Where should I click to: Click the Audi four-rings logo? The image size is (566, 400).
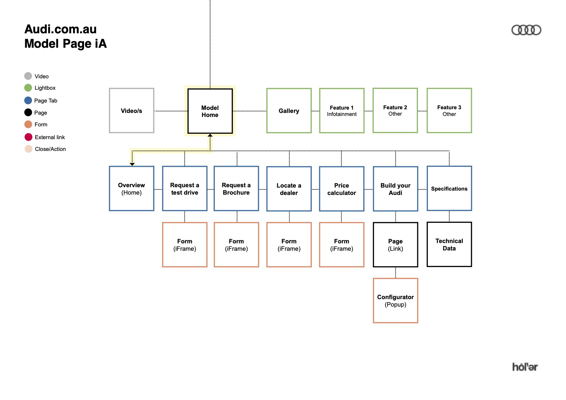526,30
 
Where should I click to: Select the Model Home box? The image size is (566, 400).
210,111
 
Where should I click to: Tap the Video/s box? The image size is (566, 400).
131,111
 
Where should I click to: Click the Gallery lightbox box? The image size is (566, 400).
289,111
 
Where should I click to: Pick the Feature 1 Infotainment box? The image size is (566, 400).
342,111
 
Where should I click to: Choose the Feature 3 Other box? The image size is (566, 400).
449,111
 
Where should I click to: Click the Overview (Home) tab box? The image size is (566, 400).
131,189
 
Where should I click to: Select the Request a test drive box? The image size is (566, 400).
185,189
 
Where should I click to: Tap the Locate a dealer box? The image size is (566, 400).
289,189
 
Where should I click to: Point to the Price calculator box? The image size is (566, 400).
342,189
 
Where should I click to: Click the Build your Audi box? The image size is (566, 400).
395,189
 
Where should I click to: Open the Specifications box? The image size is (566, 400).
449,189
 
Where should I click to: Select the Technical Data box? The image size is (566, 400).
449,244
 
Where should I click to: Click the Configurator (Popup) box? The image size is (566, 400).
395,301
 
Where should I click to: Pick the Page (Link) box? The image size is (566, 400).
395,245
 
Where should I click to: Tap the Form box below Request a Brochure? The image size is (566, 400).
236,245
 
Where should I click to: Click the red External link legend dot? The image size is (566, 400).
29,137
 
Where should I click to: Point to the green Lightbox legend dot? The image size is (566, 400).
28,88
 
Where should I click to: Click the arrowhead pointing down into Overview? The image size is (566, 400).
132,164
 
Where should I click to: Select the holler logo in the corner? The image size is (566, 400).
525,367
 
